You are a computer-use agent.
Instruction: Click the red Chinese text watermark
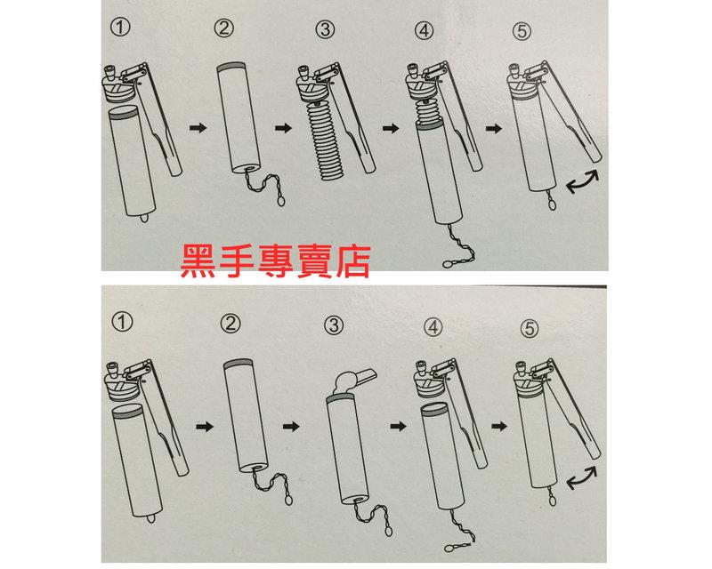[x=273, y=260]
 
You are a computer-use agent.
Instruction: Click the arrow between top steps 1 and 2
[x=198, y=129]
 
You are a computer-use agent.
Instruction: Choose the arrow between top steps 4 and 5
[x=492, y=129]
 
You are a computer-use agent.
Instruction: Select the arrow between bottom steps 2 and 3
[x=289, y=427]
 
